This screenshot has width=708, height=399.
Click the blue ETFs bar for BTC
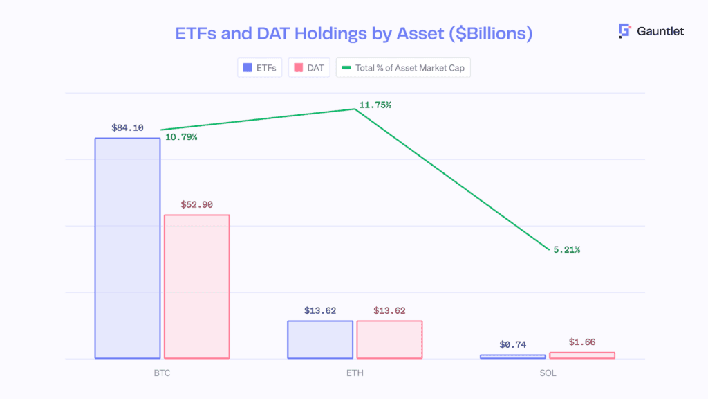(x=127, y=248)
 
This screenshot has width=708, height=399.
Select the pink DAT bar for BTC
(x=196, y=286)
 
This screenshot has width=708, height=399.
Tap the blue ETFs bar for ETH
(x=320, y=339)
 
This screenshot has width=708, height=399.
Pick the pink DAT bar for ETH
(x=389, y=339)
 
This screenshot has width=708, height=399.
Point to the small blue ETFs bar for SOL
(x=512, y=357)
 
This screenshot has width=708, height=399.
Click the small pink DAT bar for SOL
(x=581, y=355)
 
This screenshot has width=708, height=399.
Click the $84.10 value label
(x=127, y=127)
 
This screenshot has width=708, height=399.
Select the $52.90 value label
(x=196, y=204)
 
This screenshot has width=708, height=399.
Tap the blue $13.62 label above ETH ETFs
(x=320, y=310)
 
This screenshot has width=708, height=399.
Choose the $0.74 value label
(x=512, y=344)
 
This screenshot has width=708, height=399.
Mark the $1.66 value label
(x=581, y=342)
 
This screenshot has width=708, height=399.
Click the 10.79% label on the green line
(x=181, y=137)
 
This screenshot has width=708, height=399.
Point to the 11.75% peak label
(x=375, y=105)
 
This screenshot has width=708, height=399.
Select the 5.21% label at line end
(x=566, y=249)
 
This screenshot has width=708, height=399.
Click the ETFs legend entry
(x=259, y=68)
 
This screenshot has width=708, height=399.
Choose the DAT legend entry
(x=309, y=68)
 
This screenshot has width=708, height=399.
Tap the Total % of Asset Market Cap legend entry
(x=403, y=68)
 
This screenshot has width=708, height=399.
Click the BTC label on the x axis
(x=162, y=373)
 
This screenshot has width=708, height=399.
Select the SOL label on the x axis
(x=547, y=373)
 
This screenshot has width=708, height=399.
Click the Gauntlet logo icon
(x=625, y=31)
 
